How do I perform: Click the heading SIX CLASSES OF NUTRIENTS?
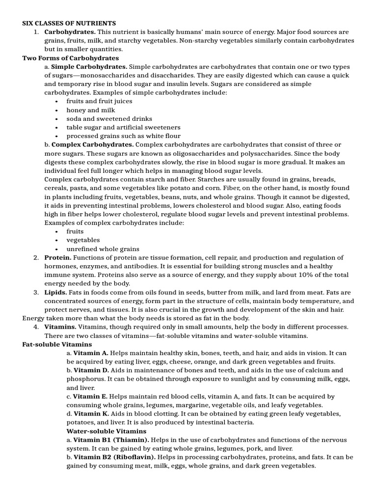pos(69,23)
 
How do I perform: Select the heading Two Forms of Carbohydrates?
pos(71,58)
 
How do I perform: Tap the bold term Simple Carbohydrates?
pos(89,66)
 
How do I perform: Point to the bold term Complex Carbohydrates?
pos(92,144)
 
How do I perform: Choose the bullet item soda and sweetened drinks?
pos(109,118)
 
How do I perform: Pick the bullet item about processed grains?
pos(123,136)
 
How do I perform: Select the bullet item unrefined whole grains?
pos(103,249)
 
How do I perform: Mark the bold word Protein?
pos(58,257)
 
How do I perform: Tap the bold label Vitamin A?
pos(91,353)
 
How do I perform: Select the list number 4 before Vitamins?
pos(36,327)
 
